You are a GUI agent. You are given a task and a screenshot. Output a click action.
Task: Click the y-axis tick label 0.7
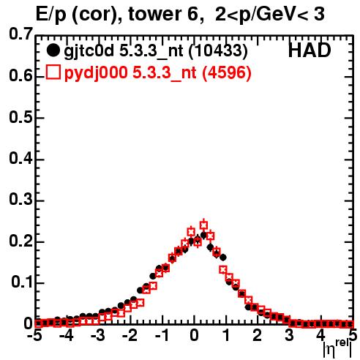tap(20, 34)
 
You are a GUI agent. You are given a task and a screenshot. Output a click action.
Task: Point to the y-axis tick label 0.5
tap(20, 117)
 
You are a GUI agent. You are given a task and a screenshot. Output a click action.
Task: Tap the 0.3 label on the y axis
tap(20, 199)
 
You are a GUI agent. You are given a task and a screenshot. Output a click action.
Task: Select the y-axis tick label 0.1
tap(22, 282)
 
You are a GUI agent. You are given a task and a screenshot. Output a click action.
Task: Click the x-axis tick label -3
tap(98, 335)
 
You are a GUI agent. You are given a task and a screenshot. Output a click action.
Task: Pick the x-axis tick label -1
tap(162, 335)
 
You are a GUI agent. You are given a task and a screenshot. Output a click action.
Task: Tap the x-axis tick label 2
tap(257, 335)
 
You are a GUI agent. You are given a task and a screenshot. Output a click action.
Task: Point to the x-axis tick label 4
tap(320, 335)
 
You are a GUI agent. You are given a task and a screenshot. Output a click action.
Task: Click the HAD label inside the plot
tap(310, 50)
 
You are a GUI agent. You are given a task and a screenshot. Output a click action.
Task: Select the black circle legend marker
tap(53, 50)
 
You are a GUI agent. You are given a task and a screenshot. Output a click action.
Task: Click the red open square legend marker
tap(53, 72)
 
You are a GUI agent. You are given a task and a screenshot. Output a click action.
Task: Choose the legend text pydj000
tap(96, 73)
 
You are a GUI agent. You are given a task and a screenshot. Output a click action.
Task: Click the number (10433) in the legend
tap(218, 51)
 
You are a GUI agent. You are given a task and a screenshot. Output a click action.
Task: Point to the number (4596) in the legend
tap(227, 73)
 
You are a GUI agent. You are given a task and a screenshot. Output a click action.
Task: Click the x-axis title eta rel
tap(338, 349)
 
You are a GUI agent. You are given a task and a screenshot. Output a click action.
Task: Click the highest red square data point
tap(203, 225)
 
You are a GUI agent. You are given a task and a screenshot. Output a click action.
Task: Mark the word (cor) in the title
tap(97, 15)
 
